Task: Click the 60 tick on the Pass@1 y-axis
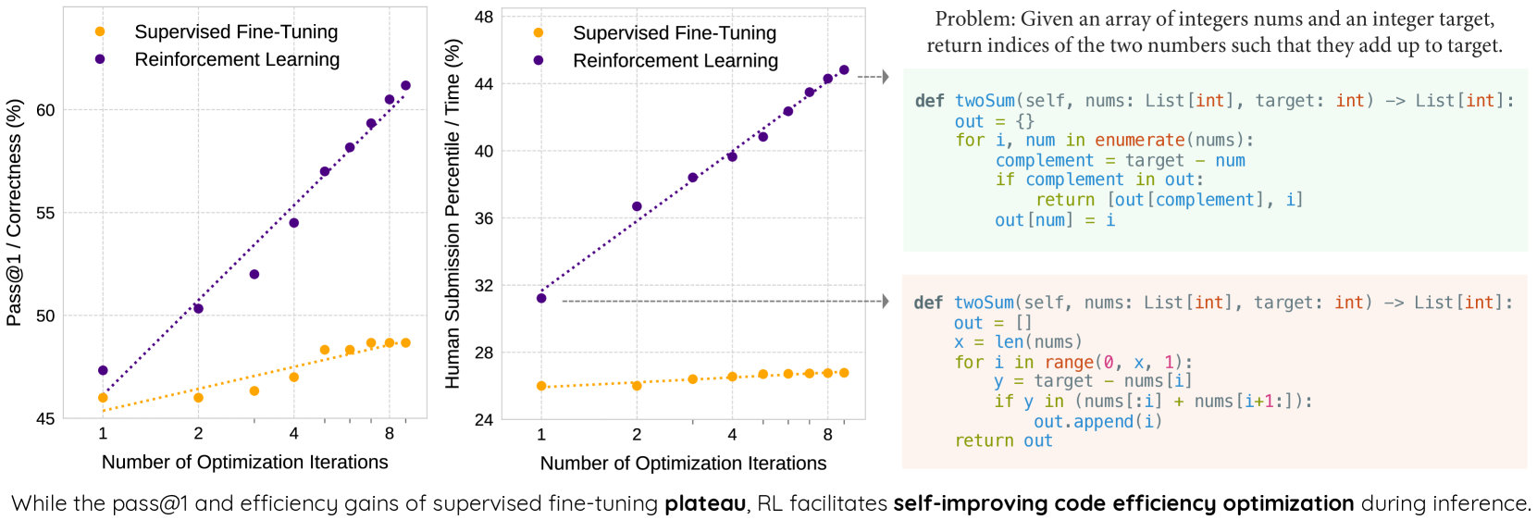tap(45, 110)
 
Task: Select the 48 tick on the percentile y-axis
tap(484, 17)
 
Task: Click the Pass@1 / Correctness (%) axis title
tap(14, 214)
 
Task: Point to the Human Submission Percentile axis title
tap(452, 214)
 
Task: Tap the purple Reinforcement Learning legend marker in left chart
tap(100, 59)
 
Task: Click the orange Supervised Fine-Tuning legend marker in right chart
tap(539, 33)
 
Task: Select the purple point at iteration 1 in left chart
tap(103, 370)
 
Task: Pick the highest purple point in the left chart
tap(405, 86)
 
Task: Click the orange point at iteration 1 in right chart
tap(541, 386)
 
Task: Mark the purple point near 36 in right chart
tap(637, 206)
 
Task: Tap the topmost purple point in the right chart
tap(844, 70)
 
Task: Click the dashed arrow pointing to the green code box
tap(873, 77)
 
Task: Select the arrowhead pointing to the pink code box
tap(886, 301)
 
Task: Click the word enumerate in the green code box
tap(1139, 140)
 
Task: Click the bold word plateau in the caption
tap(704, 503)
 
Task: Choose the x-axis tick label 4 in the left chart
tap(293, 433)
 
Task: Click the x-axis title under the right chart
tap(683, 463)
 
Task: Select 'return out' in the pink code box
tap(1003, 440)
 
